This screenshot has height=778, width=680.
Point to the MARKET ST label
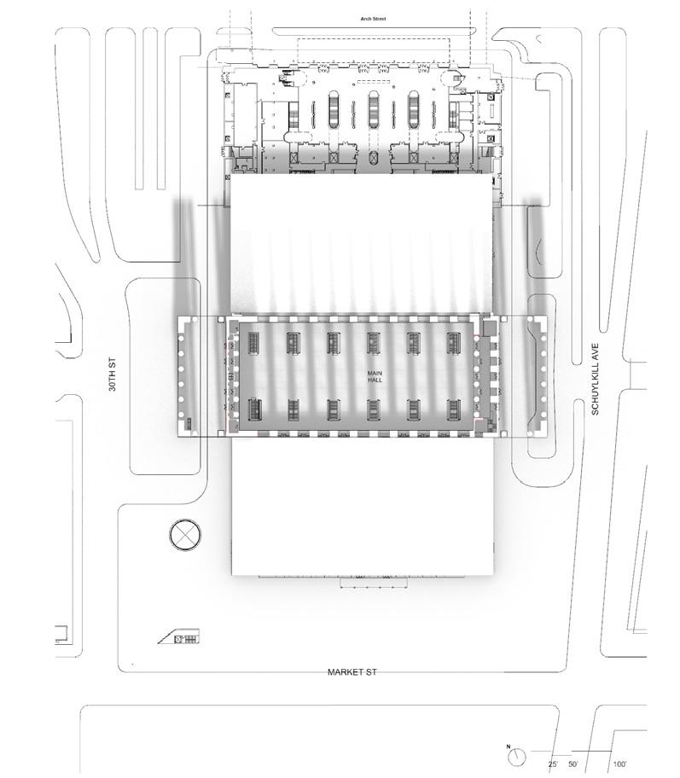(352, 672)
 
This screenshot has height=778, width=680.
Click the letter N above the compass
(509, 747)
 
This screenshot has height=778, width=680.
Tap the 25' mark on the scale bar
(553, 763)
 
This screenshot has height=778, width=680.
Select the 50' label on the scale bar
(572, 763)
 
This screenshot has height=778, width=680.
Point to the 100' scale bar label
(619, 763)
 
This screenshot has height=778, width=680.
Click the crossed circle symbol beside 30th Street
(183, 537)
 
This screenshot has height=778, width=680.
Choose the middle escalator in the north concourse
(373, 111)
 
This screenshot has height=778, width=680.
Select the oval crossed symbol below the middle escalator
(373, 157)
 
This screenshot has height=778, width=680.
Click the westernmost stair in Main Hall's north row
(254, 342)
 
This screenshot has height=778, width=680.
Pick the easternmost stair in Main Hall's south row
(453, 410)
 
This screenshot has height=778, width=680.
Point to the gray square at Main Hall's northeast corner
(488, 328)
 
